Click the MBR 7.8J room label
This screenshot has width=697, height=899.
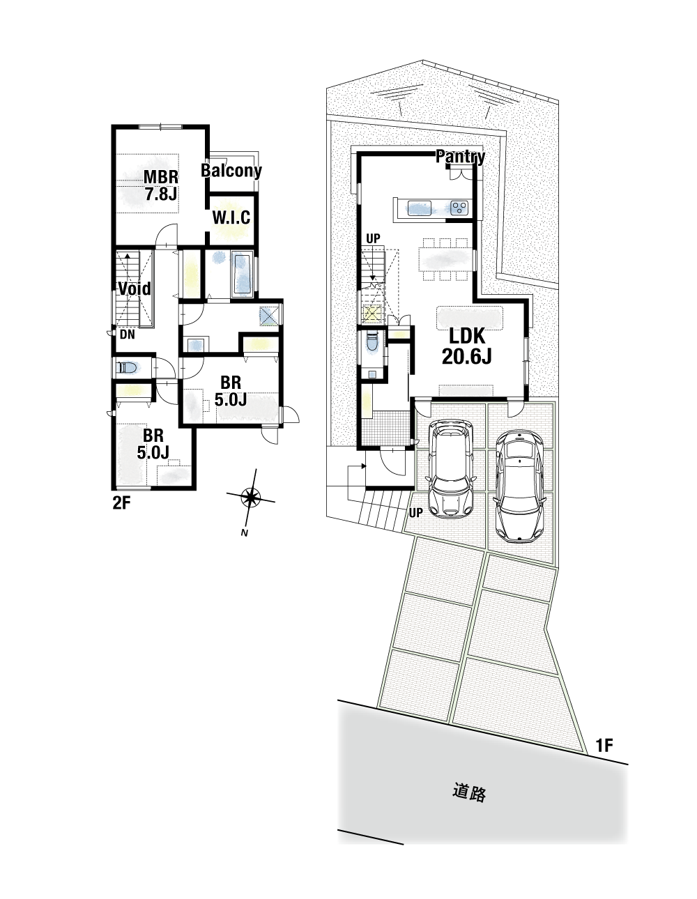[161, 185]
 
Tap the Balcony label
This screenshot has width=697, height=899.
[231, 171]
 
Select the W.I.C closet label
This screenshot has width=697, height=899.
[231, 217]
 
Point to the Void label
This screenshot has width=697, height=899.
[135, 289]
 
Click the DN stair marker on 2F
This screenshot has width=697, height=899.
[128, 335]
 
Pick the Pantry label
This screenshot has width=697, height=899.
[461, 157]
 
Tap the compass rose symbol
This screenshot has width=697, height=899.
[250, 497]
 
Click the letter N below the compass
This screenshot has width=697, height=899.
[245, 533]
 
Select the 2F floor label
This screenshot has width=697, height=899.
[121, 503]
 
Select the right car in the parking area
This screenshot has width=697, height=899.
[519, 486]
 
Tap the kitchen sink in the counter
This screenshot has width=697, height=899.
[420, 208]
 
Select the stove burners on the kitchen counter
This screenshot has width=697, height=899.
[459, 207]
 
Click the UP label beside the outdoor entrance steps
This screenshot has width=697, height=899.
[415, 513]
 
